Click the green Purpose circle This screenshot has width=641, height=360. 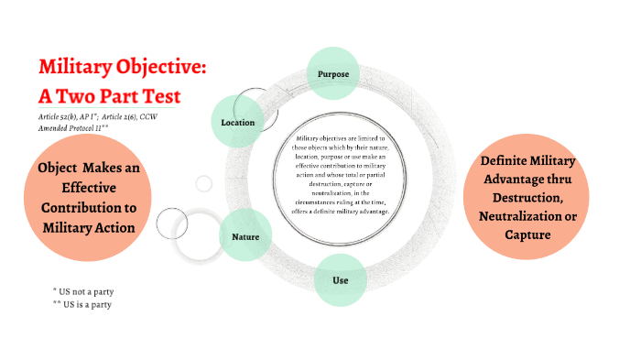coord(333,73)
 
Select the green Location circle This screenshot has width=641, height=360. coord(238,121)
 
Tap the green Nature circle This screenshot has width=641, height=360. coord(244,236)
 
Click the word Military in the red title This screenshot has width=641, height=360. coord(78,68)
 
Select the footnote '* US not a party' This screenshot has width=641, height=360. coord(87,290)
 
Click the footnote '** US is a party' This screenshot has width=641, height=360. coord(87,303)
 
